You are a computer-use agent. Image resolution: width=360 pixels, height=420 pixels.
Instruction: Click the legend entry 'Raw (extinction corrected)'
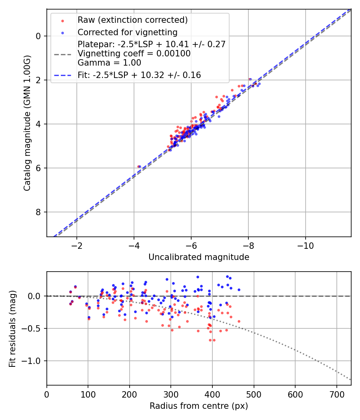(132, 20)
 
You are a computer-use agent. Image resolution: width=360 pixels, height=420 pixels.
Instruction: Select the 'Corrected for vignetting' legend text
(127, 32)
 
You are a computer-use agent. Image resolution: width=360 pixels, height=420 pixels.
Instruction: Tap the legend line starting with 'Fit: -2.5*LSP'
(139, 75)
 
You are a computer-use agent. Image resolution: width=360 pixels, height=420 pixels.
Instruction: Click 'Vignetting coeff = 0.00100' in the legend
(134, 53)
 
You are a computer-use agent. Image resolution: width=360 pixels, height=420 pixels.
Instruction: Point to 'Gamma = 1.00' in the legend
(109, 62)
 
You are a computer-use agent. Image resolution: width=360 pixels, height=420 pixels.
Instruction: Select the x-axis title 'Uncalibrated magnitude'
(199, 257)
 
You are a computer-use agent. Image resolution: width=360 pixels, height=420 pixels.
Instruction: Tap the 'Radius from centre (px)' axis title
(199, 406)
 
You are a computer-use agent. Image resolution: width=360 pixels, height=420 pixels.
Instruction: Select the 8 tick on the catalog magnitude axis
(38, 212)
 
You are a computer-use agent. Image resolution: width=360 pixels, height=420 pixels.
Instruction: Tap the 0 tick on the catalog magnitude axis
(38, 36)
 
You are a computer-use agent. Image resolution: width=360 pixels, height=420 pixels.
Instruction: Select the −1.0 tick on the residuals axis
(33, 361)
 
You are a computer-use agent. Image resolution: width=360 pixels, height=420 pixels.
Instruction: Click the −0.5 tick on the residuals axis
(33, 328)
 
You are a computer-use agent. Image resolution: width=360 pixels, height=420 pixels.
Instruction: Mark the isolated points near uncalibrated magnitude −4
(139, 166)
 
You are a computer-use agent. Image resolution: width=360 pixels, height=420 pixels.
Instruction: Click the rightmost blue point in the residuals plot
(239, 290)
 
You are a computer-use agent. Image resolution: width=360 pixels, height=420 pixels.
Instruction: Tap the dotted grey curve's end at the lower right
(350, 379)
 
